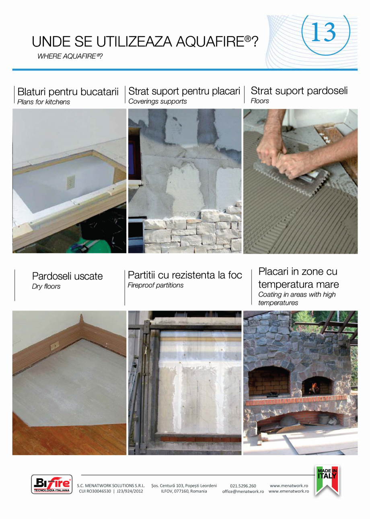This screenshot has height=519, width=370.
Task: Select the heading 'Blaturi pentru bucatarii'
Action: [68, 92]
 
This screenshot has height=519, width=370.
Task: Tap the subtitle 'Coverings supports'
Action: [158, 101]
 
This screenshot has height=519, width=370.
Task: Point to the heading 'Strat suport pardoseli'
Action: [299, 91]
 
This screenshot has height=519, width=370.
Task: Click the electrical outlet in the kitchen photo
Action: [71, 182]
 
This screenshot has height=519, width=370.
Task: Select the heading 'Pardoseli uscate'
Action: [67, 276]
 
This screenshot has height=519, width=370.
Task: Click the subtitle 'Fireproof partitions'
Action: [155, 285]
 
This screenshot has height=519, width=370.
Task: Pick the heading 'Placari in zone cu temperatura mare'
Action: [298, 278]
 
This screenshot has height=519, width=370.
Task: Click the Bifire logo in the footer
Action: [51, 484]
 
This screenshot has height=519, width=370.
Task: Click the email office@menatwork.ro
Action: [243, 491]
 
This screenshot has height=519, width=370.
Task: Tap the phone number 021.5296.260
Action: [243, 486]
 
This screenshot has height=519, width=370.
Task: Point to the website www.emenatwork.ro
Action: [289, 491]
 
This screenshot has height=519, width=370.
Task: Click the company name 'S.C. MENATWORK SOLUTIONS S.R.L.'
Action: [111, 486]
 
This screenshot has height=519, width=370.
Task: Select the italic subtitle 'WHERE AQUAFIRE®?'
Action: [70, 56]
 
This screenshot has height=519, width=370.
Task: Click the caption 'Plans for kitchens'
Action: [43, 102]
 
